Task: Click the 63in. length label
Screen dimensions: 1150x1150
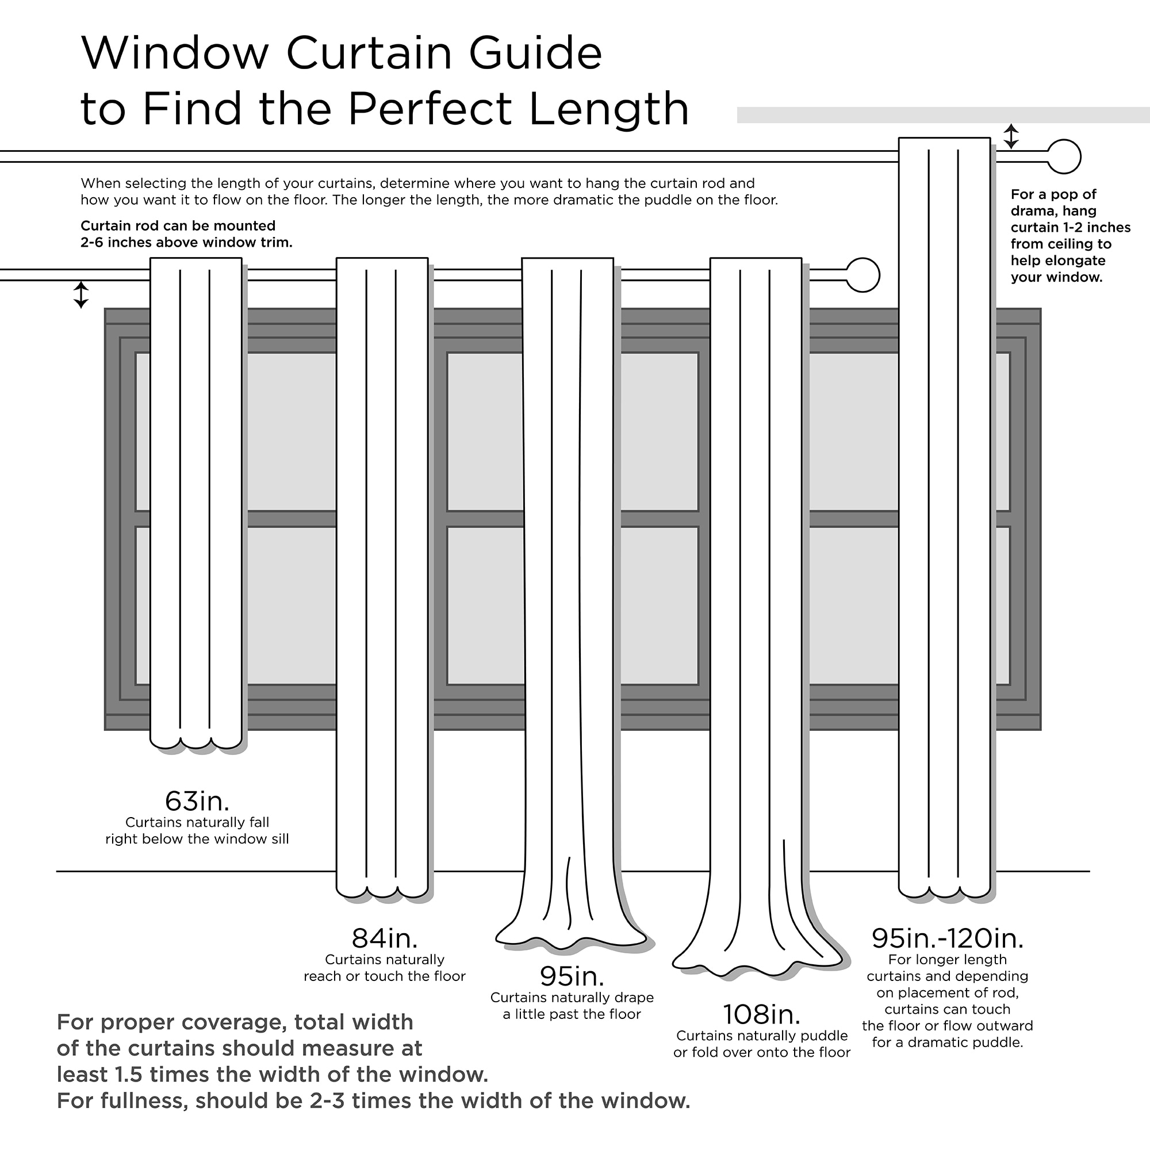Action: (197, 802)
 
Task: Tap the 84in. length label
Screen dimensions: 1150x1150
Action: (385, 939)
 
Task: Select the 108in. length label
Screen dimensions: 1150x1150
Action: (761, 1014)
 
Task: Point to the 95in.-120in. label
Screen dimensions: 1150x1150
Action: (947, 939)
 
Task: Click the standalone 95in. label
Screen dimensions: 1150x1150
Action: (572, 976)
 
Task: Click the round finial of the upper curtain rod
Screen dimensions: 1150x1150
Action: (1063, 156)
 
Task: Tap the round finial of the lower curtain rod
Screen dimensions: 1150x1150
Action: (862, 275)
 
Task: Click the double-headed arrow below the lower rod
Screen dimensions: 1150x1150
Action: (81, 294)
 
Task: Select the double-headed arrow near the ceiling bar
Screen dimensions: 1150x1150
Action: (1011, 136)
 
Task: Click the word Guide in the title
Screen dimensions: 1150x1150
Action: (535, 53)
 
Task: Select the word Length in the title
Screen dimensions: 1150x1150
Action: (608, 109)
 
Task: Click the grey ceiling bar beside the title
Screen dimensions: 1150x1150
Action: (941, 115)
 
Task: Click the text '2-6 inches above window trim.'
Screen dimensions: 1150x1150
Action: (186, 243)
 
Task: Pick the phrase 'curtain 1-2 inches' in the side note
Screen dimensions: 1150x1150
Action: (1070, 227)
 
